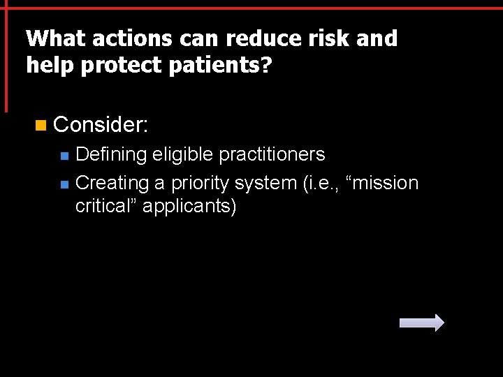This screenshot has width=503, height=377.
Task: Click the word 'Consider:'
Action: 101,125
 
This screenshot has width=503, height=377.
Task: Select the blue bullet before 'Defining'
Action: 64,155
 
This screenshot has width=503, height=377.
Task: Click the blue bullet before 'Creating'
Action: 64,184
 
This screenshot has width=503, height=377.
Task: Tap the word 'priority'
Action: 201,183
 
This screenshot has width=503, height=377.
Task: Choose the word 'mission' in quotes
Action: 384,183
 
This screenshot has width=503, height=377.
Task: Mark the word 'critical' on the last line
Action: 105,207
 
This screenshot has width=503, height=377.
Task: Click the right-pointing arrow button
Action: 421,323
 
